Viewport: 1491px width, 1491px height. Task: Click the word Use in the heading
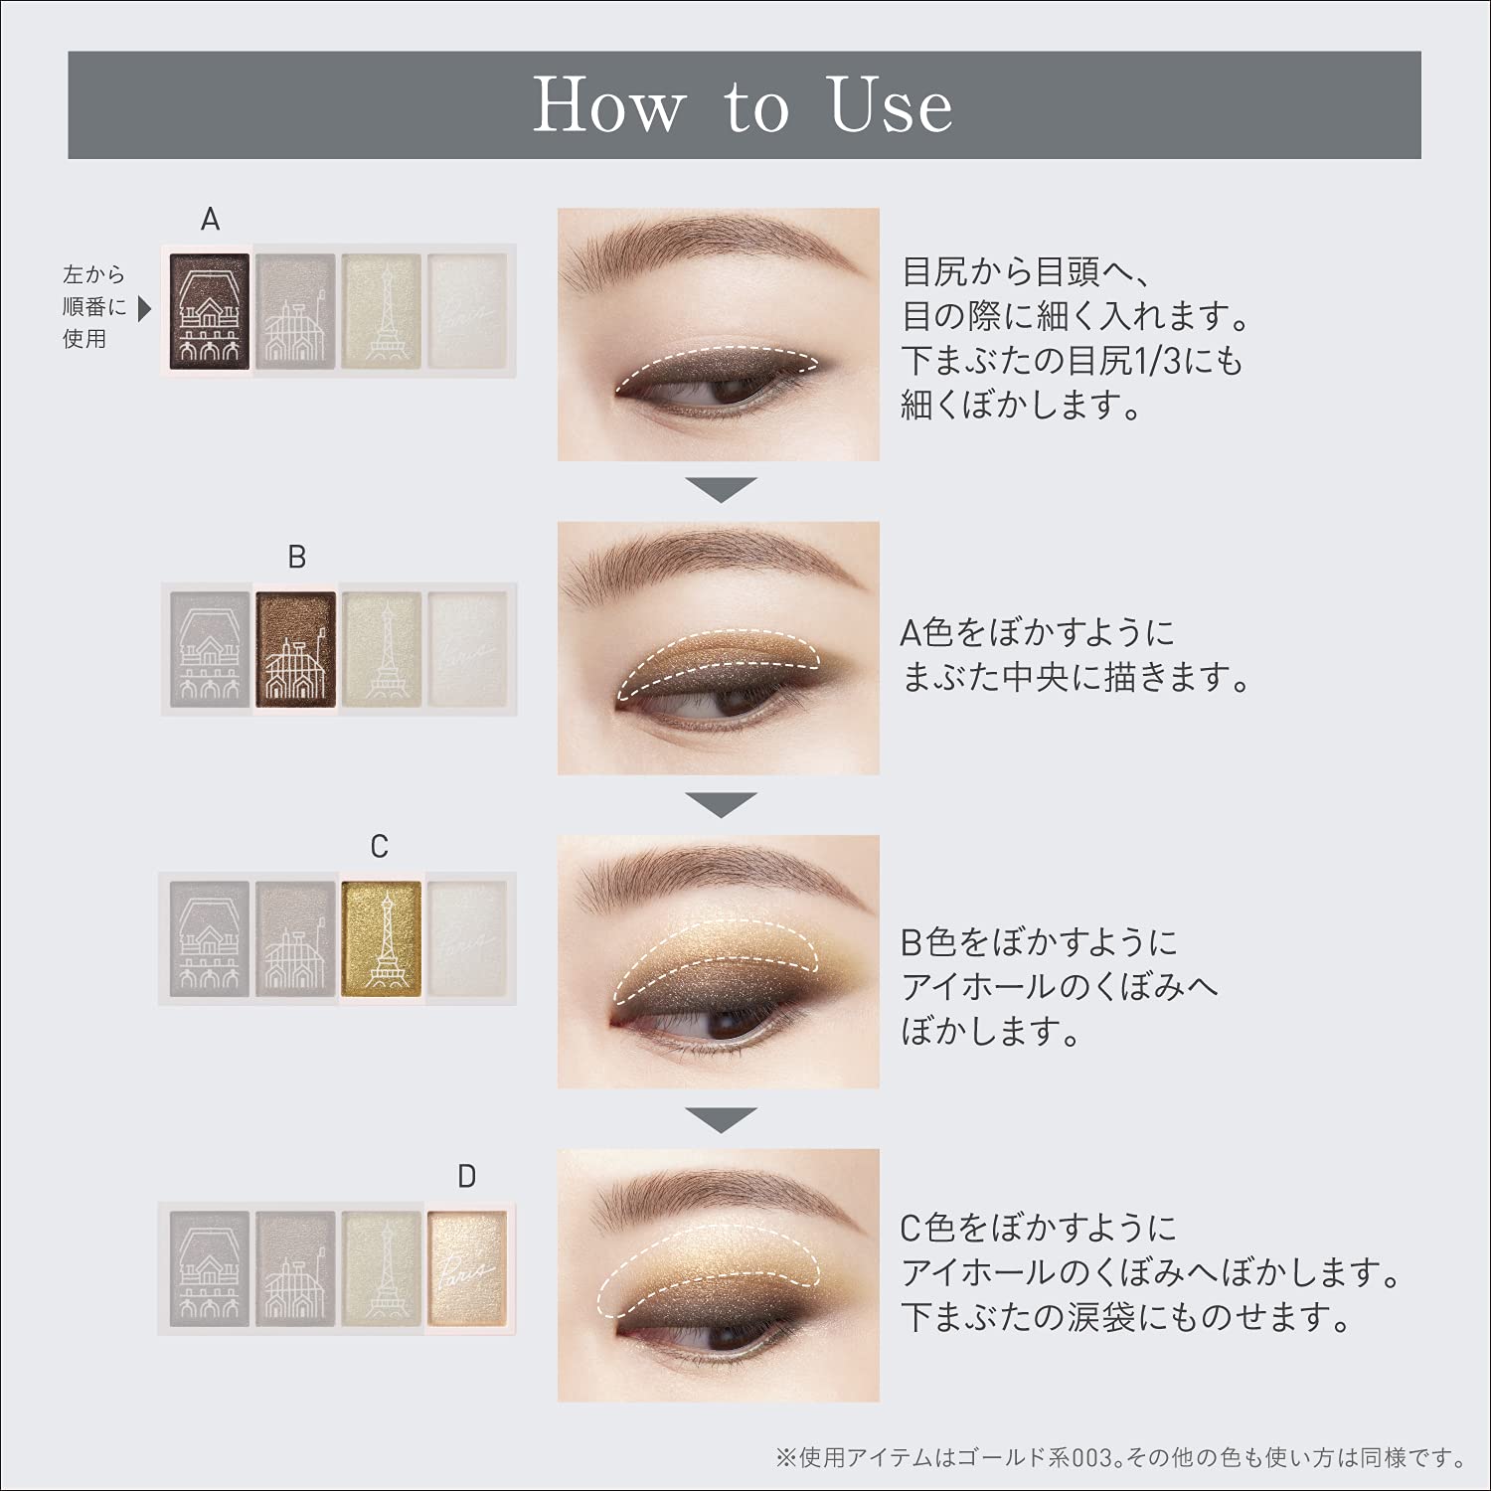click(x=891, y=104)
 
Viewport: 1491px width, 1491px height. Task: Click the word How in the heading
click(x=608, y=104)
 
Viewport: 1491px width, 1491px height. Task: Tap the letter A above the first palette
click(x=210, y=220)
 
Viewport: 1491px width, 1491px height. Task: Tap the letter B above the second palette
click(x=296, y=558)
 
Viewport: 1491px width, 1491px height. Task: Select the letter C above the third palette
click(x=379, y=847)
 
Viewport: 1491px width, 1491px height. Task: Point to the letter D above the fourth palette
click(x=466, y=1177)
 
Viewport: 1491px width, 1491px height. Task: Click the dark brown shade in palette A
click(x=210, y=309)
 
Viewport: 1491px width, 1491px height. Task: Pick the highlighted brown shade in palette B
click(x=295, y=647)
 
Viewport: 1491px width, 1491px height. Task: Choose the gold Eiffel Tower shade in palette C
click(x=382, y=937)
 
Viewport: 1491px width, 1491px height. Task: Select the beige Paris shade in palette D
click(x=466, y=1267)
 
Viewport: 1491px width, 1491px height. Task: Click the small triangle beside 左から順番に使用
click(x=145, y=309)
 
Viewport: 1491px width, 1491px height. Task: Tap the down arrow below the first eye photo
click(x=722, y=490)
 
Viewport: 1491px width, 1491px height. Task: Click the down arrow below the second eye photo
click(x=722, y=804)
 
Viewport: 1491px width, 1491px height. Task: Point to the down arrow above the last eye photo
click(x=722, y=1120)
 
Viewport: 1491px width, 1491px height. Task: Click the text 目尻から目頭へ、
click(x=1026, y=271)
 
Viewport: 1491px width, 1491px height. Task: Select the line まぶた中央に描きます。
click(x=1076, y=677)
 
